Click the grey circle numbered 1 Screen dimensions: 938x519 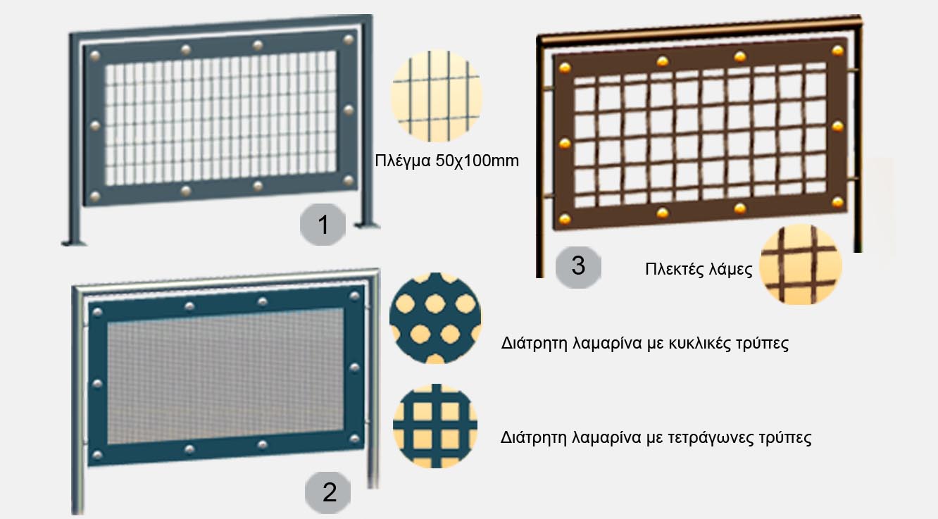coord(323,225)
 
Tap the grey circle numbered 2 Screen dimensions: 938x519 coord(328,492)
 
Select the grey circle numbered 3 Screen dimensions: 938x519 coord(578,266)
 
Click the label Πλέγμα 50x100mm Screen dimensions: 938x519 coord(446,161)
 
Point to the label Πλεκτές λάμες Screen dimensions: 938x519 coord(699,269)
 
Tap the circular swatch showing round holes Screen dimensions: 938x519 coord(435,318)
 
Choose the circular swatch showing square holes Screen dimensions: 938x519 coord(435,425)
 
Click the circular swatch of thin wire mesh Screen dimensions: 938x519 coord(437,96)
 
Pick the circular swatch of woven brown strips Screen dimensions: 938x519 coord(801,264)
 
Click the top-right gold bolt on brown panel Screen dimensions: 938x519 coord(837,51)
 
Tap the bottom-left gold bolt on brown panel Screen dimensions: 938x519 coord(565,219)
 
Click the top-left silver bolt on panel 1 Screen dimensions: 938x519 coord(95,56)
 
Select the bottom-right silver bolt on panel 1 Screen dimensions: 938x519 coord(349,180)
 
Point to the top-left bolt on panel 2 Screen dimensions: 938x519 coord(97,312)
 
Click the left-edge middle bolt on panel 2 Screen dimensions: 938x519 coord(97,384)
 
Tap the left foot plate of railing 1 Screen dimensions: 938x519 coord(74,242)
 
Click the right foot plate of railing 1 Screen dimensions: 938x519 coord(368,226)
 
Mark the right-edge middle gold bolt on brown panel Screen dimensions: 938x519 coord(837,127)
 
